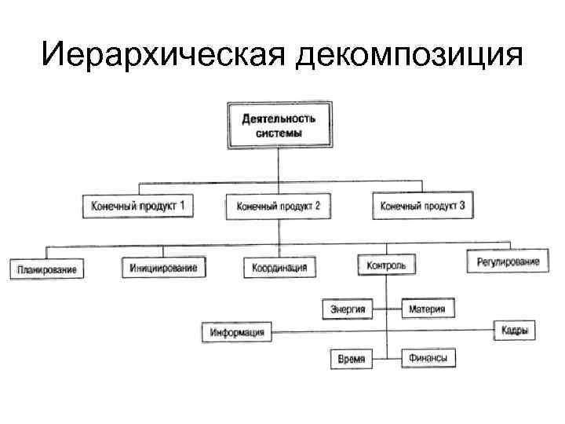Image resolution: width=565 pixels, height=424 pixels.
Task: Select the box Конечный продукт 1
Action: point(138,207)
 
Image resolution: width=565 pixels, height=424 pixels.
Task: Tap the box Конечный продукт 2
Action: point(278,207)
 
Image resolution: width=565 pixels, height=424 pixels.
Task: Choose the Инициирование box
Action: point(163,269)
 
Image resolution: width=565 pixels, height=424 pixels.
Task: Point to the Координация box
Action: point(279,269)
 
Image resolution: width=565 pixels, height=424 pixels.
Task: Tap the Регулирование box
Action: point(508,261)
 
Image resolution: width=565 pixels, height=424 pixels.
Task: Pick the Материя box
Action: point(427,309)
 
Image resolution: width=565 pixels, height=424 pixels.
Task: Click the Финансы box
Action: point(428,358)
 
